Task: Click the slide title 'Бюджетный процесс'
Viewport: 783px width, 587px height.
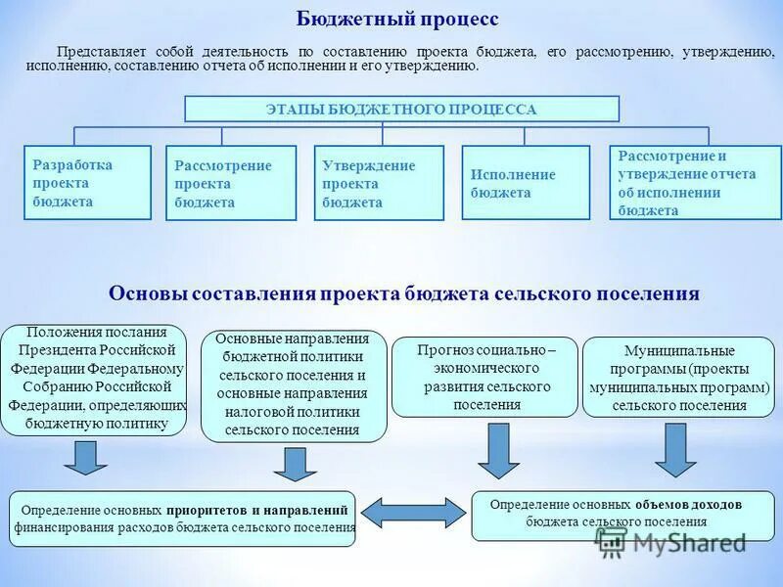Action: pos(397,20)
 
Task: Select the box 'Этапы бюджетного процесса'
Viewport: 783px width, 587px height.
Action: pos(401,109)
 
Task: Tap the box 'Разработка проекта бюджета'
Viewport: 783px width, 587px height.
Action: pos(87,183)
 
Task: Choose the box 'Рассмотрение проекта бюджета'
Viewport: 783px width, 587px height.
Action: pos(231,184)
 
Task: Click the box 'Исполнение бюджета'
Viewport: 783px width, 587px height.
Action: pos(526,183)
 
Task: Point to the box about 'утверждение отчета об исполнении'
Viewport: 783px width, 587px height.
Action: pos(695,183)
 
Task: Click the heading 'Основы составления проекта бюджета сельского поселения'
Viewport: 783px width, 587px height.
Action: pos(403,293)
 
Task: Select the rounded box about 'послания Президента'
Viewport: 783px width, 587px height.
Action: pos(93,380)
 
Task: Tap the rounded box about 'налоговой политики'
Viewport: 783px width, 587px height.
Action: pos(294,385)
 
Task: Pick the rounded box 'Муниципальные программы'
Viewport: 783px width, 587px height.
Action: pos(679,377)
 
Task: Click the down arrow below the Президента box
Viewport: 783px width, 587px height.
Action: pos(87,458)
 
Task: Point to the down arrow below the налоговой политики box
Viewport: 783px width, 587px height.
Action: pos(294,463)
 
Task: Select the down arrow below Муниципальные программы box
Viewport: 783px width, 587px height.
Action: pos(675,449)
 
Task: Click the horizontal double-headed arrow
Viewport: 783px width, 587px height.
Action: pos(414,513)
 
